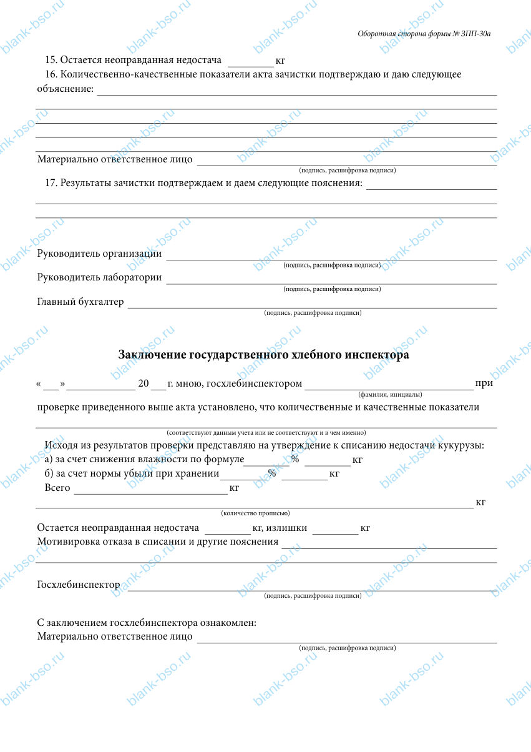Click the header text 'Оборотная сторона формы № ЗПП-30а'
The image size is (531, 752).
coord(424,34)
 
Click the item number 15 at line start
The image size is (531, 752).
coord(51,60)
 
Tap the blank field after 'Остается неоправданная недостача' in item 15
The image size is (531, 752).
coord(251,62)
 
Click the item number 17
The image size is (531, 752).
coord(51,183)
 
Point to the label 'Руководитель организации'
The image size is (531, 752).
coord(99,254)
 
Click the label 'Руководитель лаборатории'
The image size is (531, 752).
coord(99,277)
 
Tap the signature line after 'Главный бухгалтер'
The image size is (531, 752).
coord(312,305)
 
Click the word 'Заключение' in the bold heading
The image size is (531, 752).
coord(151,355)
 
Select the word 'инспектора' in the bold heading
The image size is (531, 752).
coord(377,355)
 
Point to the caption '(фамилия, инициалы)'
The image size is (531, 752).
coord(390,395)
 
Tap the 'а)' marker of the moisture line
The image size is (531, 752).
coord(50,460)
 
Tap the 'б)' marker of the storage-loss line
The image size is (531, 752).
coord(50,473)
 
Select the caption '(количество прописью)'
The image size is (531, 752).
coord(255,513)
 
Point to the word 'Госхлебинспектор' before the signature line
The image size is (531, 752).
coord(79,585)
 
